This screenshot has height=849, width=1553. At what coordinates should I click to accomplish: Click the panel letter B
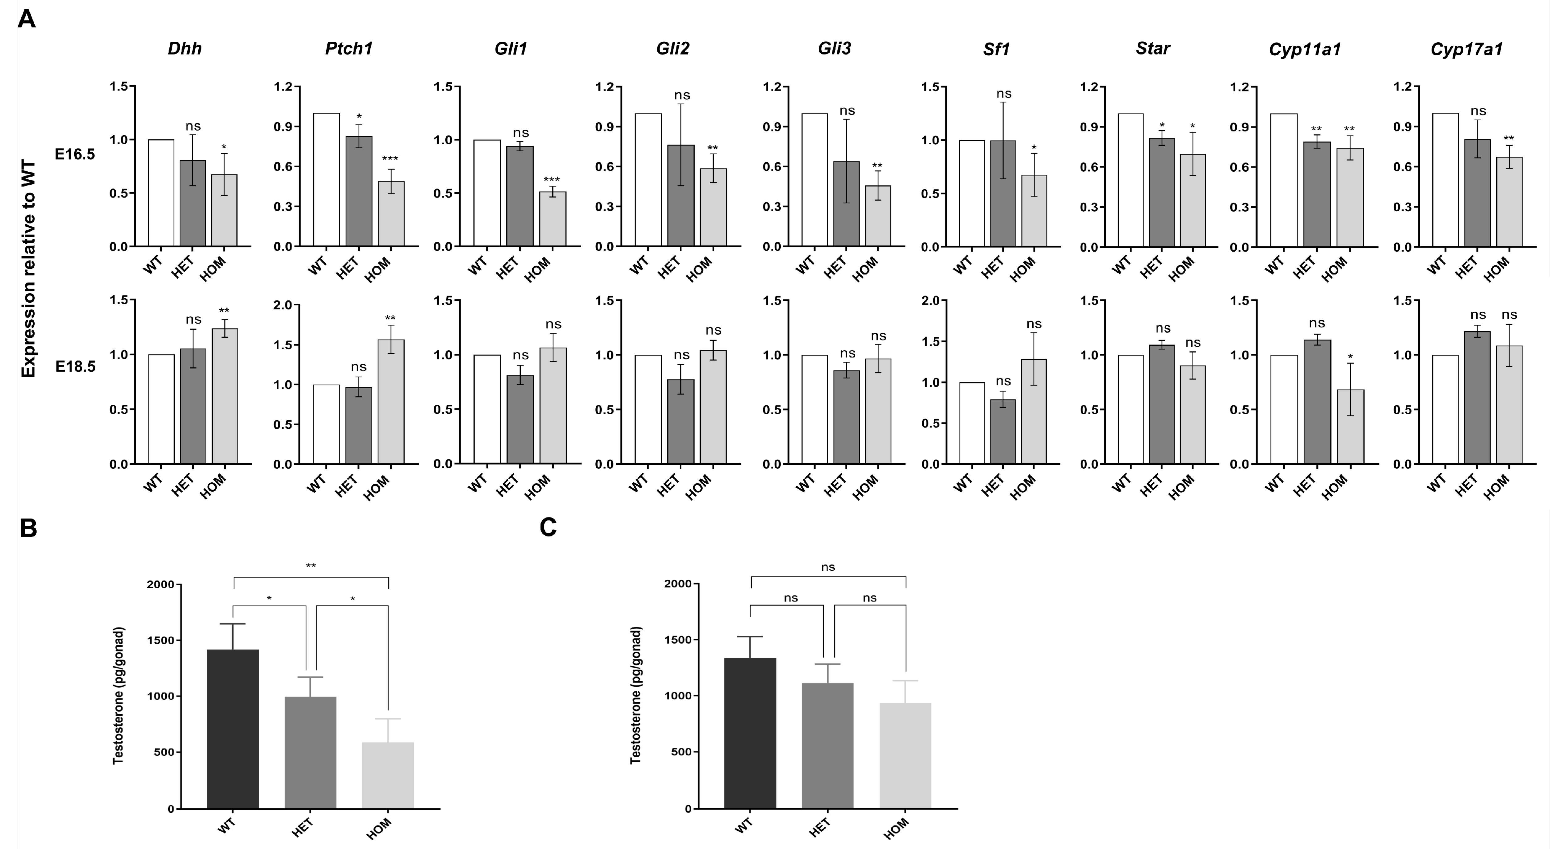tap(28, 528)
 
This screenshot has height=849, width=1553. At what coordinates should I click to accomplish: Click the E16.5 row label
tap(75, 154)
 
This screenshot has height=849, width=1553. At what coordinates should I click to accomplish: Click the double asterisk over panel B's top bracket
tap(311, 566)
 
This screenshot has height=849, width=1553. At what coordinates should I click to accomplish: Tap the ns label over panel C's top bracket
tap(828, 567)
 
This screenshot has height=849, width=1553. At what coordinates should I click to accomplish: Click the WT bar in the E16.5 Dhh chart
tap(161, 193)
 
